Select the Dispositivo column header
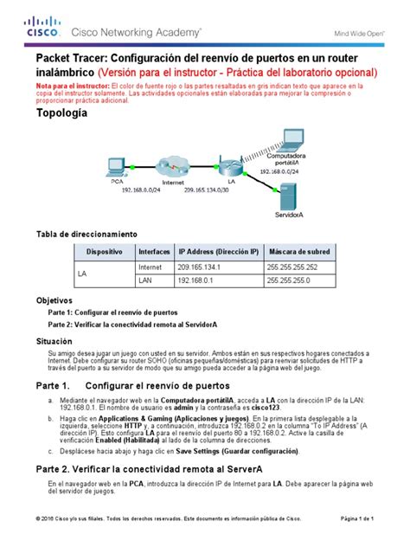coord(104,250)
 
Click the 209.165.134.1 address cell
coord(201,267)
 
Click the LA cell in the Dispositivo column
coord(84,274)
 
